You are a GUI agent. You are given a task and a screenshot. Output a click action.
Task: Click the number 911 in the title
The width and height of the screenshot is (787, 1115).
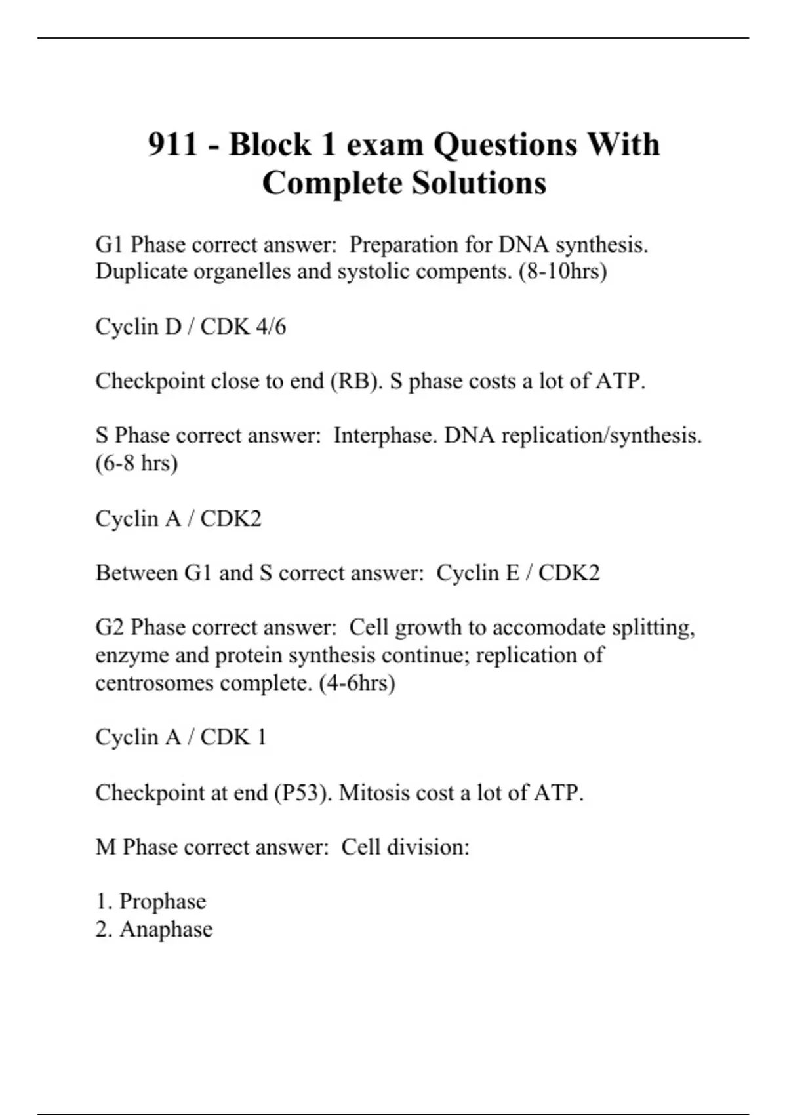coord(172,145)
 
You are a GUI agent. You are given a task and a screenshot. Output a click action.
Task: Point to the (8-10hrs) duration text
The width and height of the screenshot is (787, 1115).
coord(563,272)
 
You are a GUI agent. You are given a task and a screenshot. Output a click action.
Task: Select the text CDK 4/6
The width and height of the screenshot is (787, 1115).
coord(243,327)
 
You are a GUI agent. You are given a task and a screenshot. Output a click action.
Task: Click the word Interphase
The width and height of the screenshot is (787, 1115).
coord(385,436)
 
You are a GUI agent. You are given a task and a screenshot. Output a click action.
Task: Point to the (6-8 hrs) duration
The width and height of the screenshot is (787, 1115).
coord(136,464)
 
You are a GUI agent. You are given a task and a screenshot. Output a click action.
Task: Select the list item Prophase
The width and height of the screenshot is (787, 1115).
coord(162,902)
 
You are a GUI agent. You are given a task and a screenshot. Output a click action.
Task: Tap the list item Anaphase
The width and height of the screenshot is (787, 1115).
coord(166,929)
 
